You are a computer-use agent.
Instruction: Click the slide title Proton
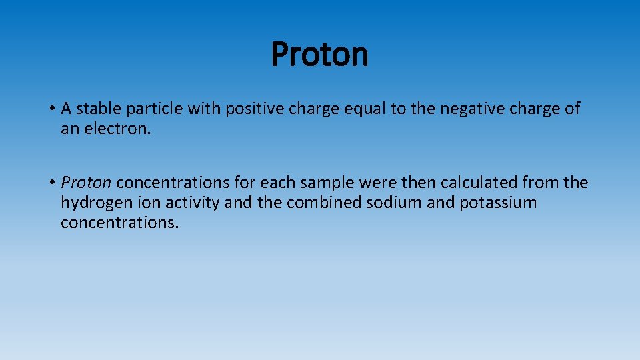tap(320, 55)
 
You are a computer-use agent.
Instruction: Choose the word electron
tap(119, 129)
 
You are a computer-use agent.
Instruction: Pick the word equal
tap(365, 109)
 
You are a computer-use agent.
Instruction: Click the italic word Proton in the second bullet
tap(86, 182)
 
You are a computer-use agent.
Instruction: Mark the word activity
tap(189, 202)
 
